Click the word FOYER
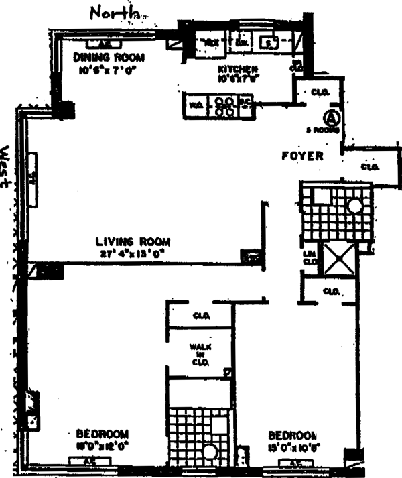tap(303, 156)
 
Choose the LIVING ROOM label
tap(133, 241)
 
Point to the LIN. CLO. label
tap(309, 257)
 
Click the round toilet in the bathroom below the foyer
tap(354, 206)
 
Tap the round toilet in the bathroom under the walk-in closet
tap(210, 453)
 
